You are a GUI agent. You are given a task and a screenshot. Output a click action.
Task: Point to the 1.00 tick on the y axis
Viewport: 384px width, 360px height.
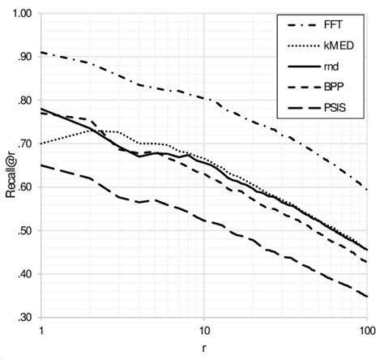point(22,14)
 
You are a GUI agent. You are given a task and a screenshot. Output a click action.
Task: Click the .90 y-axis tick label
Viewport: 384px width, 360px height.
point(24,57)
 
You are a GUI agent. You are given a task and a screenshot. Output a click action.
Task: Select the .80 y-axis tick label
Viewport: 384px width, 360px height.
point(24,101)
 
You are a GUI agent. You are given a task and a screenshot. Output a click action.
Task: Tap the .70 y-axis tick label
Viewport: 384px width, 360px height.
point(24,144)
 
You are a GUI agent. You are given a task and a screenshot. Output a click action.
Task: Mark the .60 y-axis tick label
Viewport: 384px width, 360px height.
point(24,187)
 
